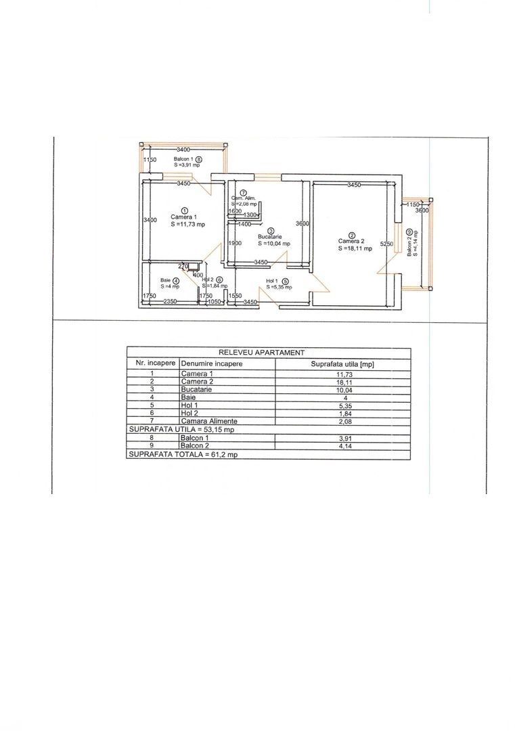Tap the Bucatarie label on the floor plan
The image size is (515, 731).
(x=269, y=236)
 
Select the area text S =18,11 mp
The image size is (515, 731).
(x=355, y=248)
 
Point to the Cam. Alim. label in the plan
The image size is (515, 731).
(x=242, y=198)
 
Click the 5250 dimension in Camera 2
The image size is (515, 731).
(x=386, y=244)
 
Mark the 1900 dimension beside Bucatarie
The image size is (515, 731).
(x=235, y=244)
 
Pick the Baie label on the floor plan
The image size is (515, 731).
(x=165, y=280)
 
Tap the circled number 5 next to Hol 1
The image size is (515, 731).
(x=285, y=281)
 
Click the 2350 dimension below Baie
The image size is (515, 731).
(x=170, y=303)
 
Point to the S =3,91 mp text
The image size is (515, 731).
(x=187, y=164)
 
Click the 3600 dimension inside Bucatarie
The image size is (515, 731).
(x=303, y=224)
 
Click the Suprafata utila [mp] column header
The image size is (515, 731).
(x=342, y=363)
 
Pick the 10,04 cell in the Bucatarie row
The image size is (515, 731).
(x=342, y=390)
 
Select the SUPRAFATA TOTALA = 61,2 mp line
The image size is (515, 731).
(x=183, y=455)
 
